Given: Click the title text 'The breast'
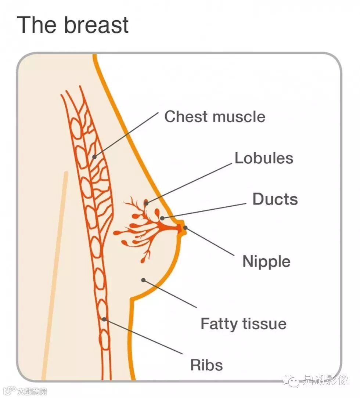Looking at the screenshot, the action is coord(73,25).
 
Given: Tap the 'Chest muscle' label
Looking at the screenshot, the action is coord(215,117).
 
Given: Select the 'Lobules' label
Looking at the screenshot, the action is coord(264,158).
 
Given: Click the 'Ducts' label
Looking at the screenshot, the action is coord(275,199).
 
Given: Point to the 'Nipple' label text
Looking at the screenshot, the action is coord(266,262).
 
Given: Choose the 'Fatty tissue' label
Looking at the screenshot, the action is coord(243,324).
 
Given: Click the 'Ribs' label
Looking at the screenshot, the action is coord(206,365).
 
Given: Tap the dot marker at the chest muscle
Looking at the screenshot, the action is coord(94,157).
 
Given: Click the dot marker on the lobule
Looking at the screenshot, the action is coord(146,202).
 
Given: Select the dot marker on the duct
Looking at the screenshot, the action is coord(162,218).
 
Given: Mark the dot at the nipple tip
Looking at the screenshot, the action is coord(185,228).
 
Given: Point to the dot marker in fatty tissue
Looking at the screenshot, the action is coord(143,280).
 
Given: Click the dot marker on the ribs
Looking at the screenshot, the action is coord(104,319).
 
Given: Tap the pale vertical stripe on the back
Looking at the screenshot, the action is coord(55,275).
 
